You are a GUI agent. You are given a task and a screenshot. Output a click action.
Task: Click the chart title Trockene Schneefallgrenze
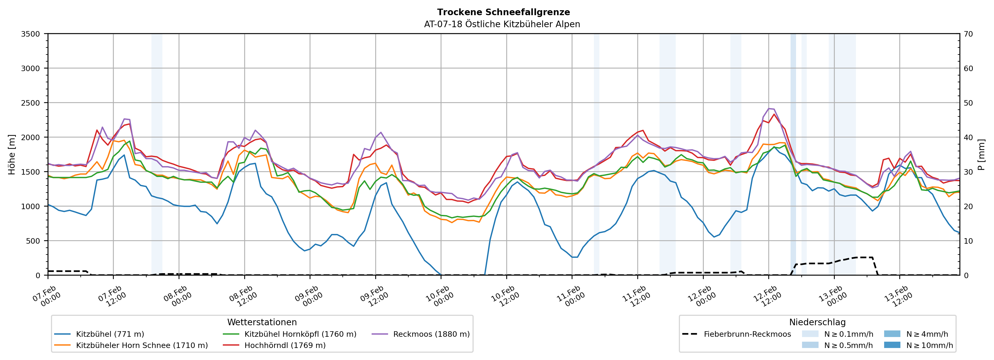(x=503, y=12)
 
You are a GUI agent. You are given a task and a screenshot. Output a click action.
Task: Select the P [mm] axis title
(x=981, y=154)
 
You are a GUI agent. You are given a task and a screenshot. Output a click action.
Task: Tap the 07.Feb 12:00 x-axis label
(x=112, y=296)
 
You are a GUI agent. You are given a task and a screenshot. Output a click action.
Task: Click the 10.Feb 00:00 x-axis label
(x=440, y=296)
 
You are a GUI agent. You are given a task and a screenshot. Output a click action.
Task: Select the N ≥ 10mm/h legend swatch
(x=892, y=345)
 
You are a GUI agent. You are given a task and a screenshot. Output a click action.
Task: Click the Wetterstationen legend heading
(x=262, y=322)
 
